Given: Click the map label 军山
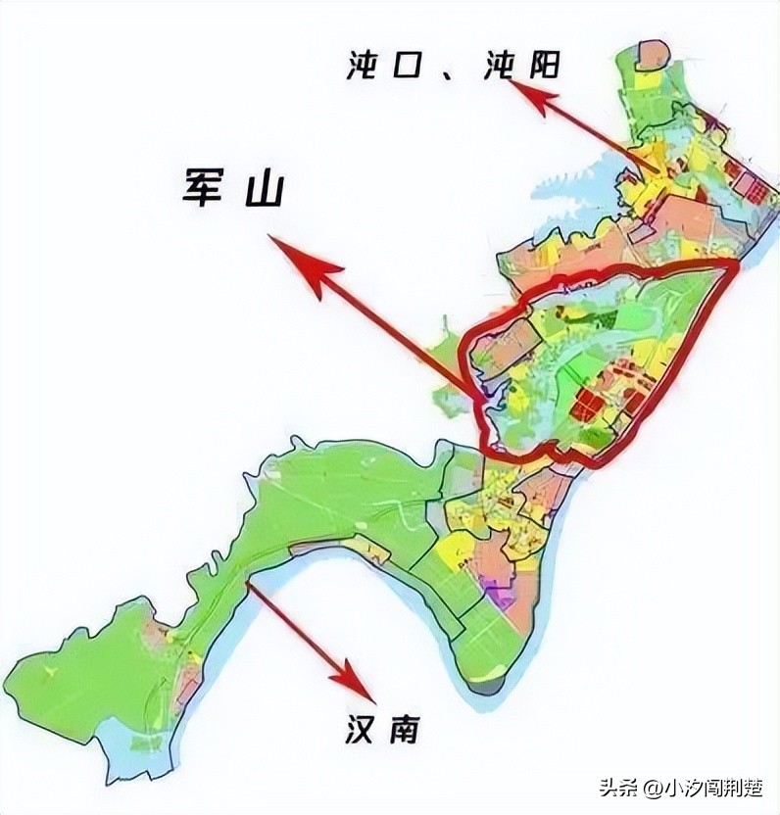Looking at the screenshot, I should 232,188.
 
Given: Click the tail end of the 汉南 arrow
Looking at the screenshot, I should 250,586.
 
